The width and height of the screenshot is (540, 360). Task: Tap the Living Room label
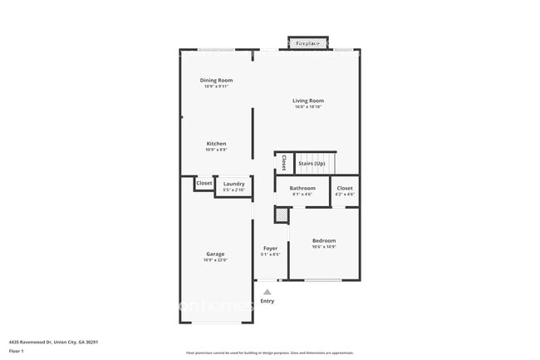coord(307,101)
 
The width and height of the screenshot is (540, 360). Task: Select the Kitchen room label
coord(216,143)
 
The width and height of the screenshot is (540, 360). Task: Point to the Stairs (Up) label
coord(312,163)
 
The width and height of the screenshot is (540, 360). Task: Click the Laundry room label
coord(233,184)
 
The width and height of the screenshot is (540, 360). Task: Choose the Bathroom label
coord(302,188)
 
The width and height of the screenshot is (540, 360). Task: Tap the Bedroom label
coord(324,240)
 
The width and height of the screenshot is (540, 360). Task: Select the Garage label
coord(215,254)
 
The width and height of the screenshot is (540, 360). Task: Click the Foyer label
coord(270,248)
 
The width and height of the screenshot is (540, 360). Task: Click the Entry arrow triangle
coord(267,292)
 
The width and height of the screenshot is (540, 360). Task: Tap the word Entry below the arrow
coord(267,301)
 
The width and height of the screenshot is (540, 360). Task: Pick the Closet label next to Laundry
coord(204,183)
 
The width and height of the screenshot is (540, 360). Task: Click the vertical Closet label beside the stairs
coord(283,162)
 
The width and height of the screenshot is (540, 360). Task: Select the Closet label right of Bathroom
coord(345,188)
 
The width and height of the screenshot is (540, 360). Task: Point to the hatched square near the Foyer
coord(282,215)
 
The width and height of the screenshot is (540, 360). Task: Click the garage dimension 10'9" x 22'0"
coord(215,260)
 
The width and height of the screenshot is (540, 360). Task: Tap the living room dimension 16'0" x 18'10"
coord(307,106)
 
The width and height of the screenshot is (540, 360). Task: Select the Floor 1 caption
coord(17,351)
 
